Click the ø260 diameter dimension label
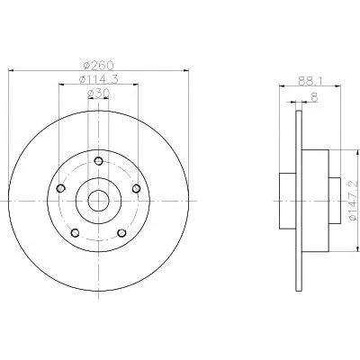(98, 65)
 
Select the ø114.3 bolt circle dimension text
(98, 79)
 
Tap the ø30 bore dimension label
(98, 94)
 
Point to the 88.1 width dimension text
(310, 81)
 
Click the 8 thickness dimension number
(314, 97)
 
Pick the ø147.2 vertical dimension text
(354, 199)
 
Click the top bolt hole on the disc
(98, 161)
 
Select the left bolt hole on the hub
(61, 188)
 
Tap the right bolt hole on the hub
(136, 188)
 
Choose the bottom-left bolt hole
(75, 233)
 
